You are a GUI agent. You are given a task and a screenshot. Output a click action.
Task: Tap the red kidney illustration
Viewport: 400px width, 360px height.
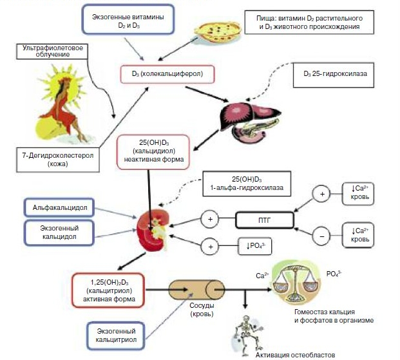coord(153,230)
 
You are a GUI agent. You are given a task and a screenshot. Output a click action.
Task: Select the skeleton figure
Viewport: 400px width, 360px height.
coord(247,330)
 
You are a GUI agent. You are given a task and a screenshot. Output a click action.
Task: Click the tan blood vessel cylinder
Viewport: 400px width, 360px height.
coord(191,289)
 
